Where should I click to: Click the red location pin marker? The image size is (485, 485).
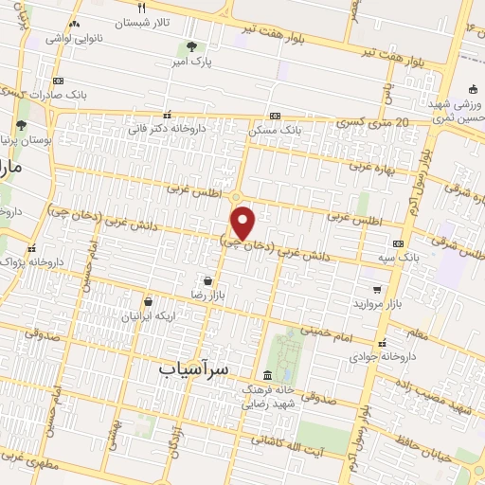[x=243, y=223]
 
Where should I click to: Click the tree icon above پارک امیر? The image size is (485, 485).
[x=191, y=45]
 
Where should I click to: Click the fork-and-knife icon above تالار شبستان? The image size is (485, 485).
[x=140, y=8]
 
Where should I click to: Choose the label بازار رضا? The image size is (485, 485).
[x=207, y=296]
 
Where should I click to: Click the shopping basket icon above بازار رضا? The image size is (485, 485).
[x=207, y=280]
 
